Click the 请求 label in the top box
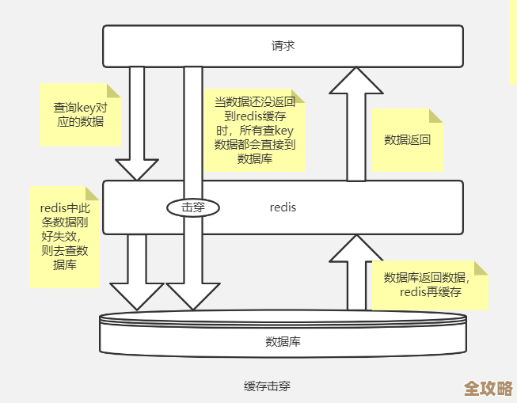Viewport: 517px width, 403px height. click(x=283, y=46)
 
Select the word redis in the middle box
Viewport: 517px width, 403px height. click(x=283, y=207)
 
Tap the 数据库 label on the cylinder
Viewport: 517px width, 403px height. click(x=283, y=342)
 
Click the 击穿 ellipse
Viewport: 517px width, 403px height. click(x=192, y=207)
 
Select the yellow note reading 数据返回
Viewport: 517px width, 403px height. click(x=407, y=140)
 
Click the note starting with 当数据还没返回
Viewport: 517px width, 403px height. click(x=254, y=131)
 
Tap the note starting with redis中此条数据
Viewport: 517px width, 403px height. click(x=64, y=237)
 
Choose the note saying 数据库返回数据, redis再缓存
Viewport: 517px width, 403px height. click(x=430, y=285)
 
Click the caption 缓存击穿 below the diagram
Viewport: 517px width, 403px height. click(x=267, y=386)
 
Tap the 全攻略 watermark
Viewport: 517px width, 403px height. click(x=488, y=388)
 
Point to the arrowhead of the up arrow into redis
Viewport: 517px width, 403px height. click(x=356, y=249)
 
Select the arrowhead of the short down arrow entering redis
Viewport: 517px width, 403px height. click(x=137, y=169)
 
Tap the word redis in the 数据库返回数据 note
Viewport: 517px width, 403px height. click(x=414, y=292)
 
